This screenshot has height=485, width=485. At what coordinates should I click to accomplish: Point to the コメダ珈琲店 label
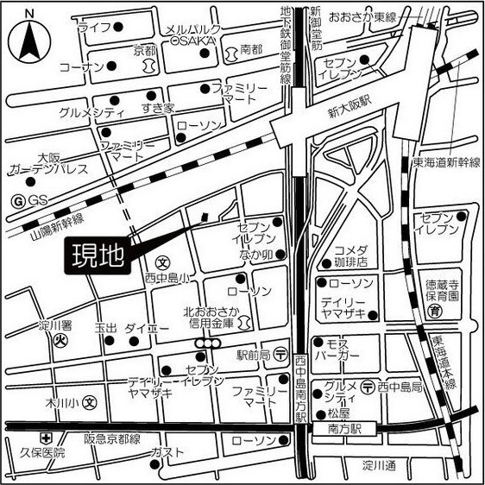352,255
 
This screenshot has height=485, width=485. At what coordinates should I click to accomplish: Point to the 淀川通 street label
378,467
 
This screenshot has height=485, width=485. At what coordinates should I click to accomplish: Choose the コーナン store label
82,66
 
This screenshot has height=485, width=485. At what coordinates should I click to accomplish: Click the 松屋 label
339,413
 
